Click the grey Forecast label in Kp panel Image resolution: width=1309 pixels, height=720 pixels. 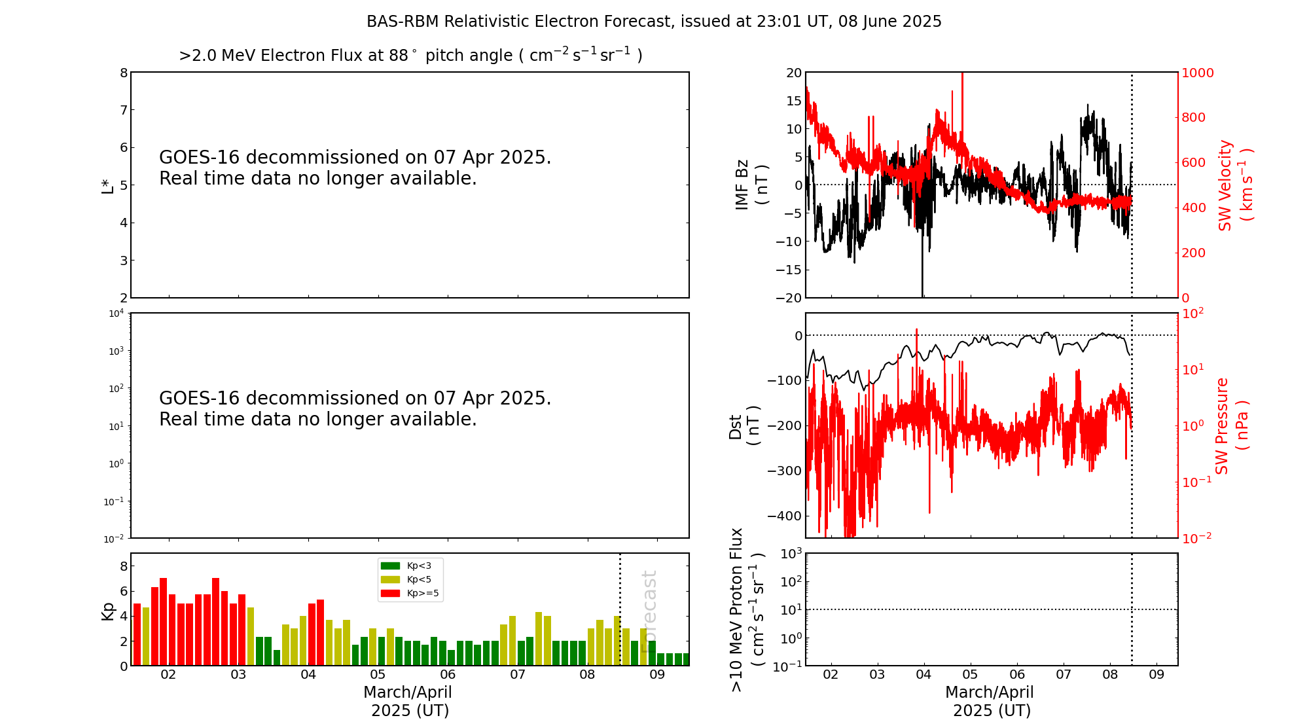649,611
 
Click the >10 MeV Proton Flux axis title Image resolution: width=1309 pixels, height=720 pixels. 747,609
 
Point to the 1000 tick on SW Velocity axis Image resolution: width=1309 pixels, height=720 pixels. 1197,73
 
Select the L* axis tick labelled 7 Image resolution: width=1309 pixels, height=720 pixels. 123,110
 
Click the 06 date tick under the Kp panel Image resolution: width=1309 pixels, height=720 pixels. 448,675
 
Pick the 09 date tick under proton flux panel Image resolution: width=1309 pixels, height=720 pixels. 1157,675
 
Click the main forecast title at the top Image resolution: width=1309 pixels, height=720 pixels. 654,22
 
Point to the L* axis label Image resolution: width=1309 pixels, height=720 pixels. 107,185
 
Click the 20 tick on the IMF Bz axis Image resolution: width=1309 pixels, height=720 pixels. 793,73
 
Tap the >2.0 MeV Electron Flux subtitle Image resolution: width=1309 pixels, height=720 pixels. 410,56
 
